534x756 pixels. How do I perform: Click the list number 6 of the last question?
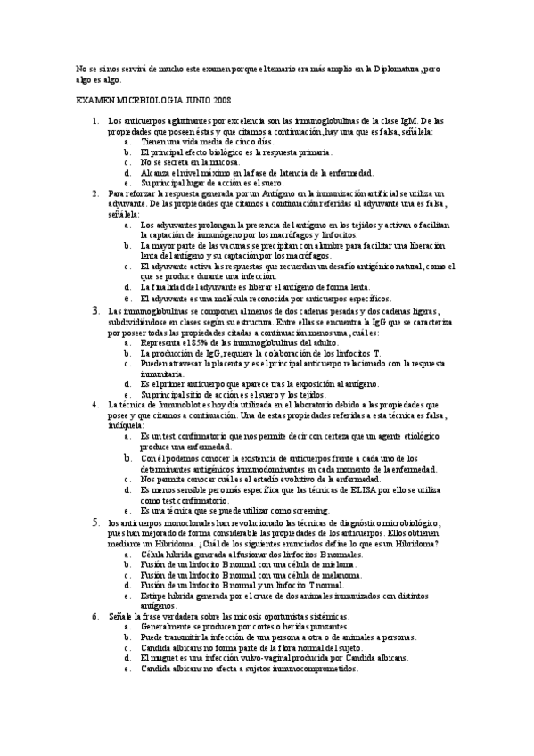[95, 617]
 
